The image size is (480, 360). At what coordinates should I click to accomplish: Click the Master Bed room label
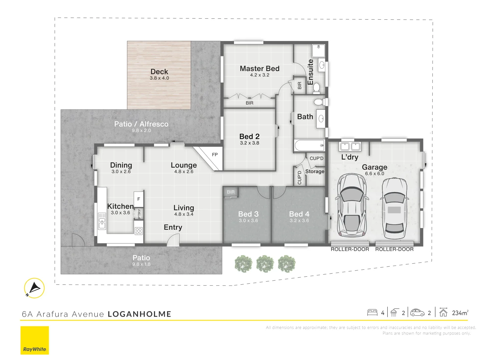point(260,68)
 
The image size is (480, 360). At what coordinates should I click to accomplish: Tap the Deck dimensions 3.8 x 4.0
point(159,78)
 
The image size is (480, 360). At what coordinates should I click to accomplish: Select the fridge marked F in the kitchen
point(139,199)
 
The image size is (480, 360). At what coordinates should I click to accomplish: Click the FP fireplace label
point(215,155)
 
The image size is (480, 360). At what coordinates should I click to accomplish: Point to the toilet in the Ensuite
point(316,88)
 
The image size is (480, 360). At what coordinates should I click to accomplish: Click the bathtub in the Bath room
point(309,145)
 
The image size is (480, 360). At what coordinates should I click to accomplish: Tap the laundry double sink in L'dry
point(350,146)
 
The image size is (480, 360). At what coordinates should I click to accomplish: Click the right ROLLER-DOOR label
point(394,249)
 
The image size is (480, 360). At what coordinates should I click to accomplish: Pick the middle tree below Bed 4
point(265,264)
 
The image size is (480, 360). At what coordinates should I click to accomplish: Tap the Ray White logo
point(35,340)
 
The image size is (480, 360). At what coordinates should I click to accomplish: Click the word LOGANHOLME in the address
point(140,314)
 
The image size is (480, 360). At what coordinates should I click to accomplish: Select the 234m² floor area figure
point(460,313)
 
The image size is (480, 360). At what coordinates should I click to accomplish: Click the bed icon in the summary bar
point(372,313)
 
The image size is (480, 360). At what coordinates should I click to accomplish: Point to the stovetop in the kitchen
point(139,231)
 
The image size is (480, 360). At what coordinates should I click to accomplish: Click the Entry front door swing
point(173,240)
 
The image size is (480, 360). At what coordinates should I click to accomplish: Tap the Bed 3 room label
point(248,214)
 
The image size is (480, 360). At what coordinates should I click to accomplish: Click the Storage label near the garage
point(315,171)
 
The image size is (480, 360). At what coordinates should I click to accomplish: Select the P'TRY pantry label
point(139,214)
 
